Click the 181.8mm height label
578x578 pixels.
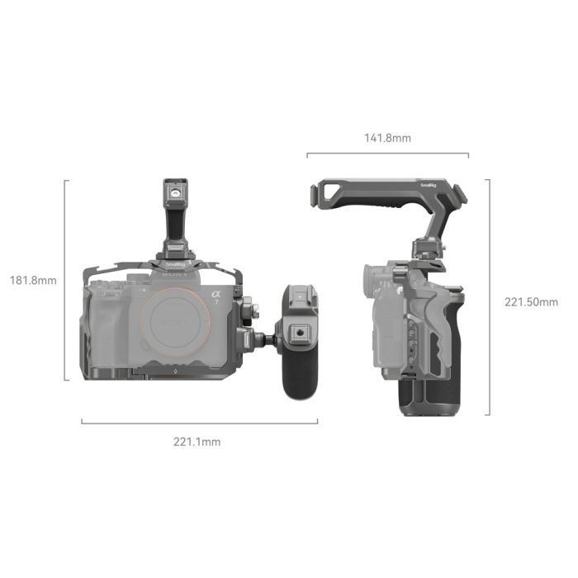(34, 280)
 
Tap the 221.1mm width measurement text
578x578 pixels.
(197, 442)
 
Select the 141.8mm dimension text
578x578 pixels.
(387, 138)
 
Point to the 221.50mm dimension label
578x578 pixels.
(531, 301)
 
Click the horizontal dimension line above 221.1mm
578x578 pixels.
(198, 422)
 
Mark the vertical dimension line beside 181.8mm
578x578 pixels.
(65, 280)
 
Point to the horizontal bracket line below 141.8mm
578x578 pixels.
(387, 154)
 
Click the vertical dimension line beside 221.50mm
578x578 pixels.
(490, 297)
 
